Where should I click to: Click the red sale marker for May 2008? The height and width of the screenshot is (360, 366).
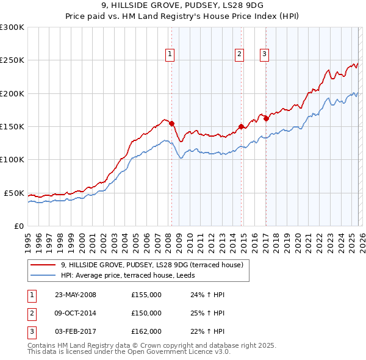171,123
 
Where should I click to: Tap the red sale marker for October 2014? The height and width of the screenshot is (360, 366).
241,126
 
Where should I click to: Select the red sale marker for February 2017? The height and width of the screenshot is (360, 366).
266,118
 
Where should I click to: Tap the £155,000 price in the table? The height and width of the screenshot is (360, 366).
146,295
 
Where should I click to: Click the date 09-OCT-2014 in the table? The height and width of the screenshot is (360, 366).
76,313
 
